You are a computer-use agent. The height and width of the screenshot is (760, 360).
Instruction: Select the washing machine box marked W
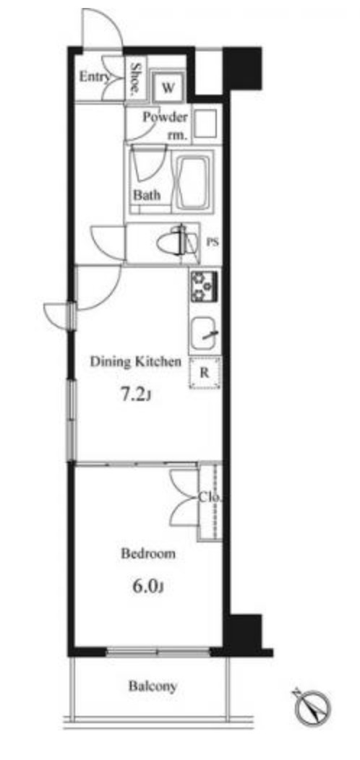click(x=167, y=87)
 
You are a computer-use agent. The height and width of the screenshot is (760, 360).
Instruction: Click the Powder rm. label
click(x=165, y=126)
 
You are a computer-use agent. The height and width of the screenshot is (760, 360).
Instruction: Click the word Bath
click(x=147, y=195)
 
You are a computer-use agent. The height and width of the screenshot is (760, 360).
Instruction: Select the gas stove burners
click(x=204, y=287)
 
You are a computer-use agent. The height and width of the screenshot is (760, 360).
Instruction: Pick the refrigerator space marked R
click(x=205, y=373)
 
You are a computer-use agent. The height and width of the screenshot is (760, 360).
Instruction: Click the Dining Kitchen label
click(x=137, y=362)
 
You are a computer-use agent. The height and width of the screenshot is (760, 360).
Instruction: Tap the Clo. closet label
click(x=210, y=497)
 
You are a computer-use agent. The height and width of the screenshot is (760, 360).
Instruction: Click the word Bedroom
click(x=148, y=553)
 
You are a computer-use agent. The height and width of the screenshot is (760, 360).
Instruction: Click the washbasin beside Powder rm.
click(x=205, y=125)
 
